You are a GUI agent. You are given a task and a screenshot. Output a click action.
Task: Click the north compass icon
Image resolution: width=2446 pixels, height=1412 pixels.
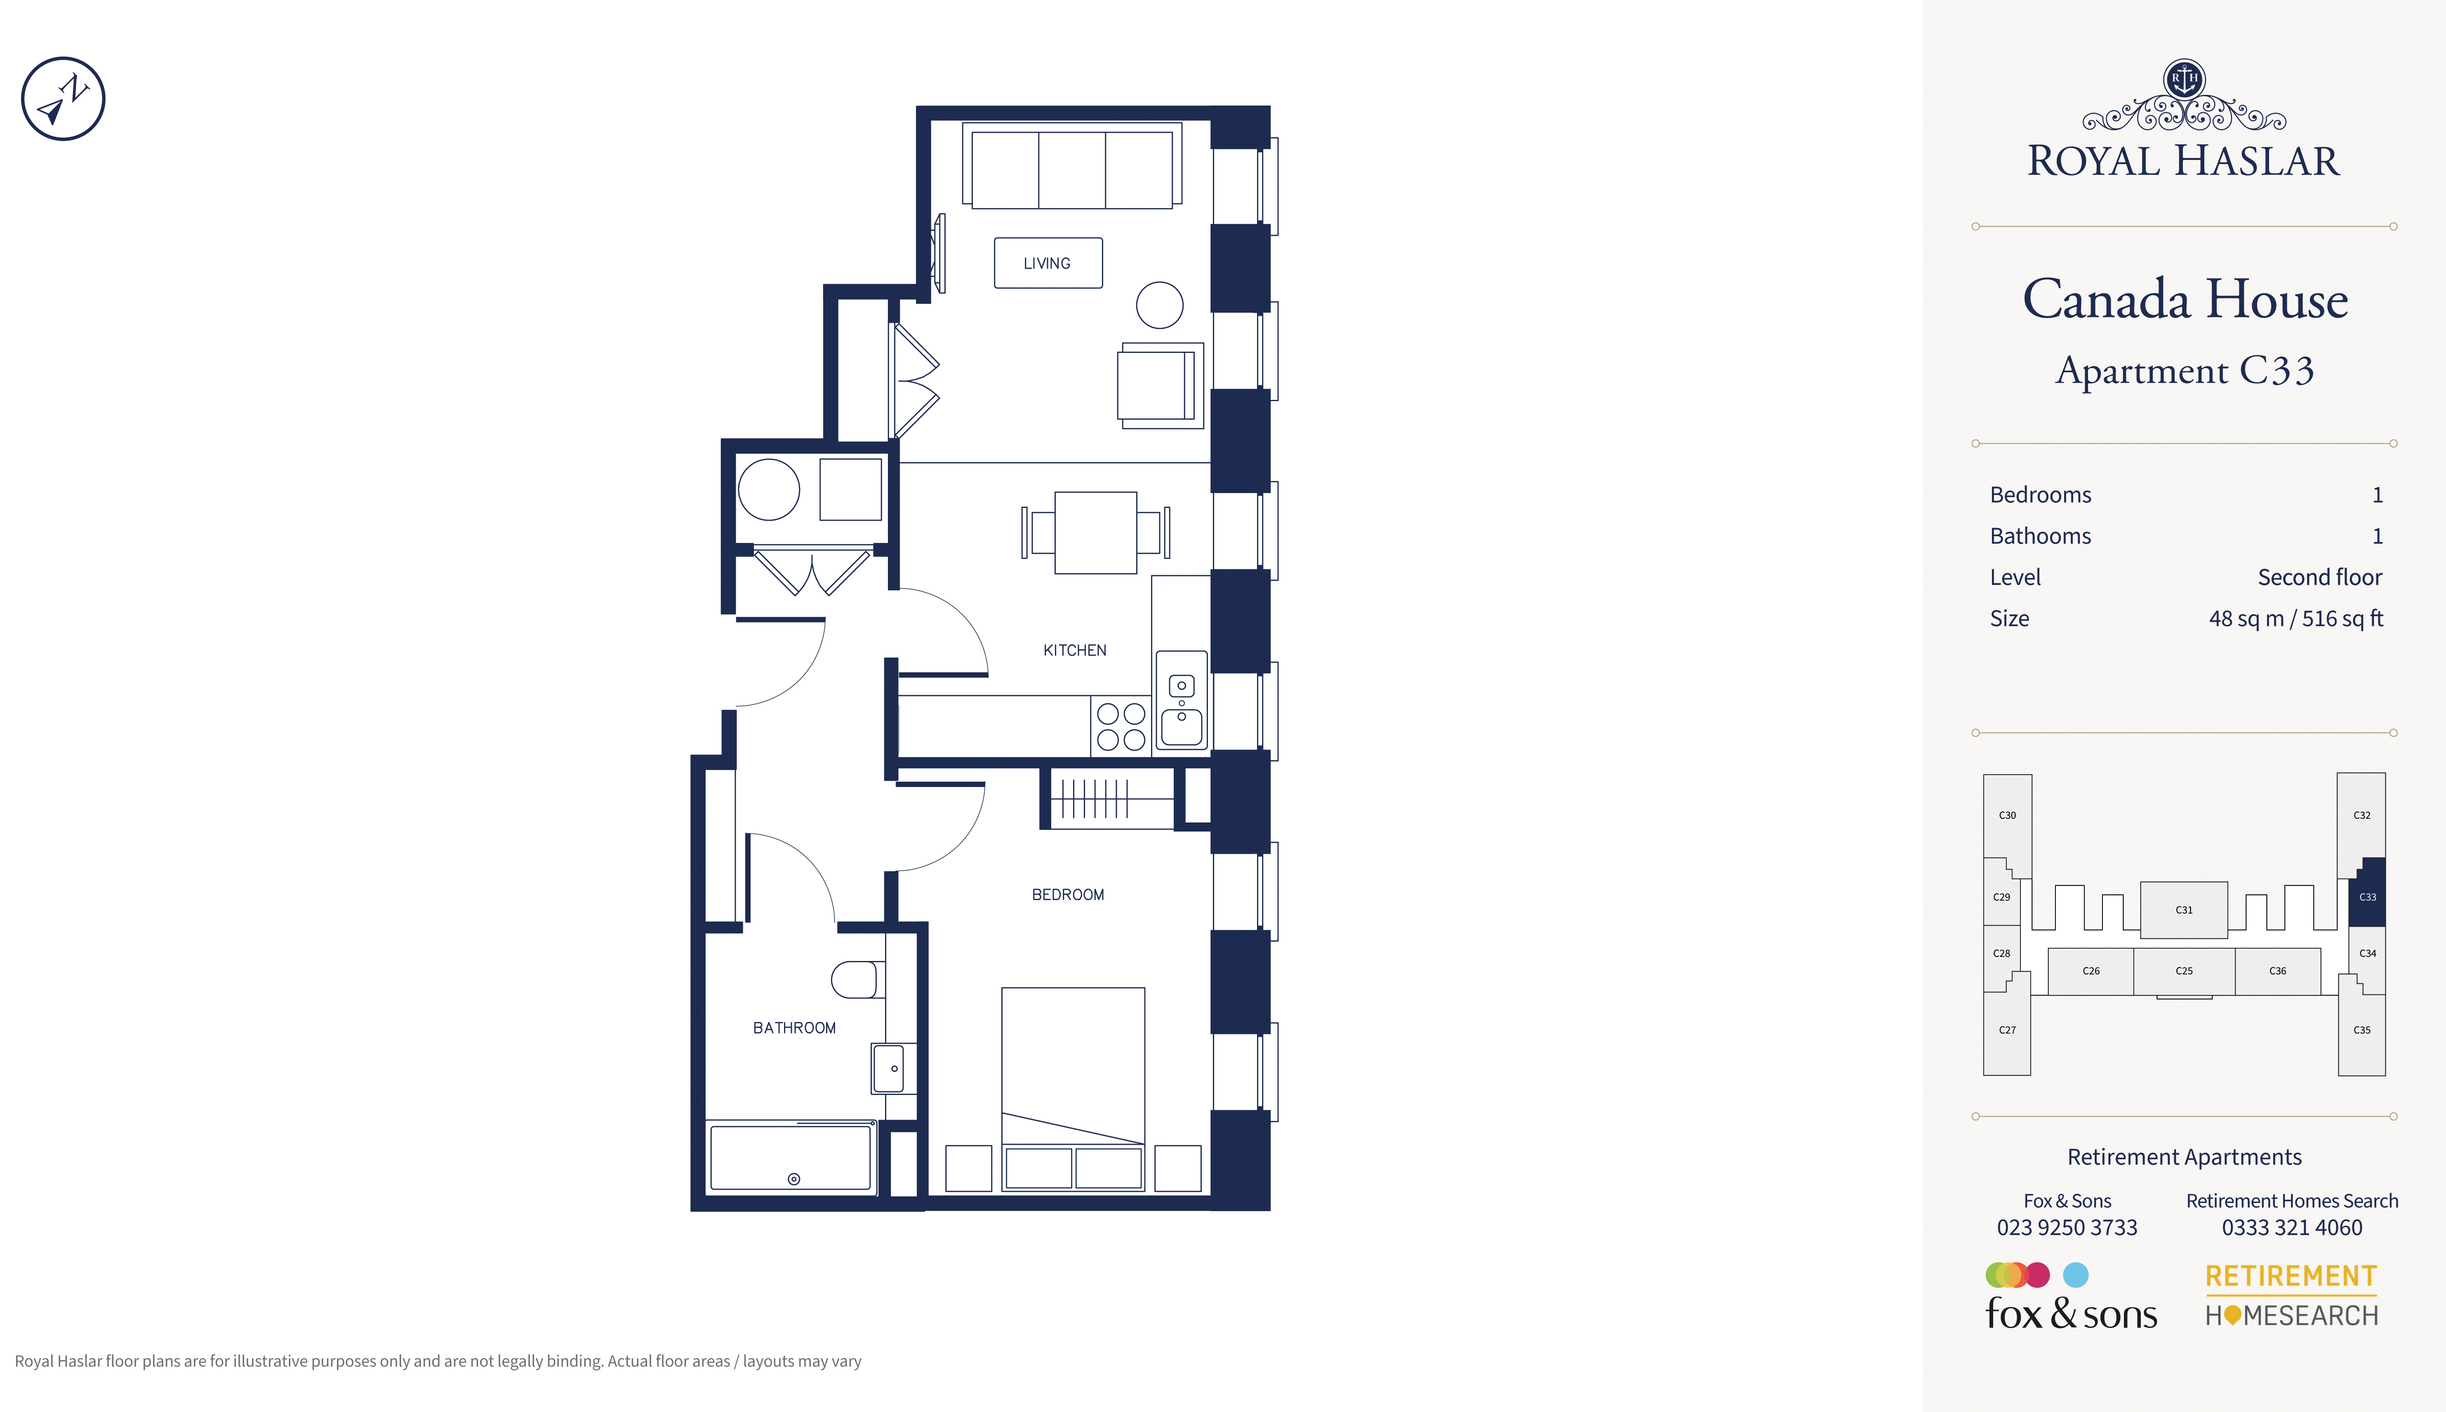[x=63, y=99]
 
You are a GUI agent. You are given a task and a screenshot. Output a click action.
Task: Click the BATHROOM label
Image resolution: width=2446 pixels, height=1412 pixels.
[x=794, y=1028]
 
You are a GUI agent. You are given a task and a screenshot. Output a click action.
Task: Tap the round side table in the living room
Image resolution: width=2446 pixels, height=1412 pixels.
[x=1160, y=305]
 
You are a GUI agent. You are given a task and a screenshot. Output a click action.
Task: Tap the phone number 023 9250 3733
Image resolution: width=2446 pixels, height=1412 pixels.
[x=2067, y=1228]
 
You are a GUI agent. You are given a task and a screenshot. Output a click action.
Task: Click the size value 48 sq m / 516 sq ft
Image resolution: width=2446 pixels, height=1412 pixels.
[x=2295, y=619]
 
